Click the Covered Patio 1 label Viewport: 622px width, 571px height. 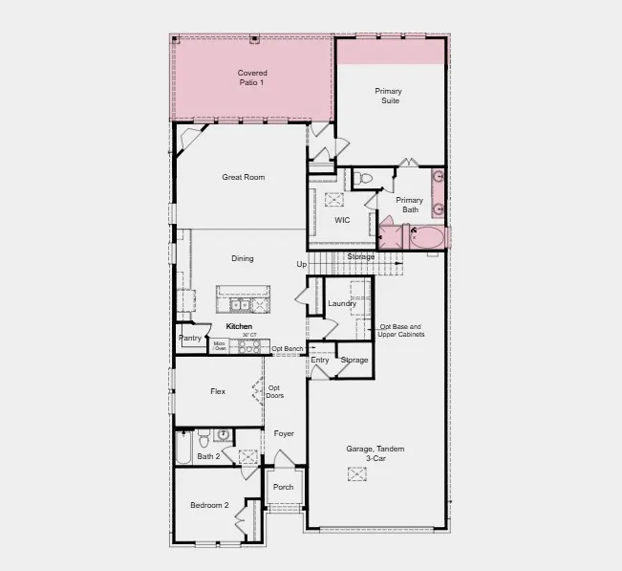click(x=252, y=77)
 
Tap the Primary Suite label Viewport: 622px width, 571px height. click(x=388, y=96)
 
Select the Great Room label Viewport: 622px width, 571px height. click(x=243, y=177)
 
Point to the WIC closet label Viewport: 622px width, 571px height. click(x=342, y=220)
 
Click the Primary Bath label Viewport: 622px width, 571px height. click(x=409, y=205)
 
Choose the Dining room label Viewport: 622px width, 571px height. click(x=243, y=258)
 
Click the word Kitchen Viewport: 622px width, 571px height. click(x=239, y=327)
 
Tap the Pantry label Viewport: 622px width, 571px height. click(x=190, y=338)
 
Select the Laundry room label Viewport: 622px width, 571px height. click(x=341, y=304)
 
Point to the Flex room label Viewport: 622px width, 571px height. click(x=218, y=391)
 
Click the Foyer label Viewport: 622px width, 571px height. click(x=284, y=433)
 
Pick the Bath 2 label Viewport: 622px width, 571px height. click(x=208, y=456)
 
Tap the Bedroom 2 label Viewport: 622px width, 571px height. click(x=209, y=505)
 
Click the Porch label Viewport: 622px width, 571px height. click(x=283, y=487)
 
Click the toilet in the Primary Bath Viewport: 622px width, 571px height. click(x=362, y=179)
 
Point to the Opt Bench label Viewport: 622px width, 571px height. click(x=287, y=349)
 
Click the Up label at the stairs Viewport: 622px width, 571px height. click(x=301, y=264)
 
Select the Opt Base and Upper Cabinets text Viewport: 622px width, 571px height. click(x=400, y=331)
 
